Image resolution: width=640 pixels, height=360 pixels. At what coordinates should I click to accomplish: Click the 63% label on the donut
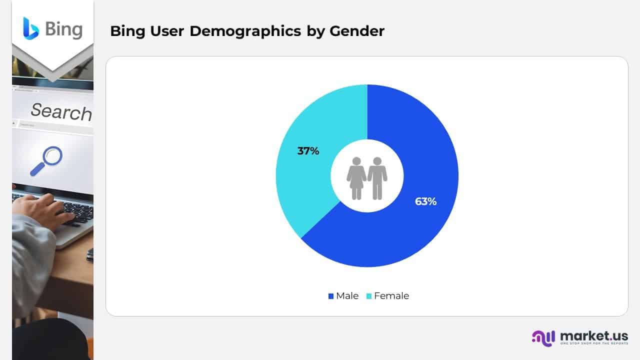coord(425,201)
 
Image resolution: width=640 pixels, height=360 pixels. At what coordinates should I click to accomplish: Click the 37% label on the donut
coord(308,150)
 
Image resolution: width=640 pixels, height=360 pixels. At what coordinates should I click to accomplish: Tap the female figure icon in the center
coord(356,178)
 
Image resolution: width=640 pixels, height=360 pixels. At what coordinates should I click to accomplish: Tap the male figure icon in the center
coord(377,178)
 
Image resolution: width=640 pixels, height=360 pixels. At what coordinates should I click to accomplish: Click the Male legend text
coord(347,296)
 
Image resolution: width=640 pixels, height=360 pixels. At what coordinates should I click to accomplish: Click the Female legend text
coord(391,296)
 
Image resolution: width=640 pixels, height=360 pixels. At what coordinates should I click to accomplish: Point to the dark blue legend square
coord(330,296)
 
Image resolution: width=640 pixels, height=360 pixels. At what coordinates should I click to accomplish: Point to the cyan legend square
coord(369,296)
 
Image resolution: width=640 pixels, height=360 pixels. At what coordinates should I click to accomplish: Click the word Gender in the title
coord(357,31)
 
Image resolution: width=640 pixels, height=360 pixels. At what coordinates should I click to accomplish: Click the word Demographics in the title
coord(245,31)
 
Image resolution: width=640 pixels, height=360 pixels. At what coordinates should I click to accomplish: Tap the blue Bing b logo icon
coord(30,28)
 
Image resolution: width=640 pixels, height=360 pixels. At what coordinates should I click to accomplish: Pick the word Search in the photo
coord(61,111)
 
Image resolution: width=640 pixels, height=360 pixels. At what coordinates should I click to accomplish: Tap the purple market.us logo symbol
coord(543,337)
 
